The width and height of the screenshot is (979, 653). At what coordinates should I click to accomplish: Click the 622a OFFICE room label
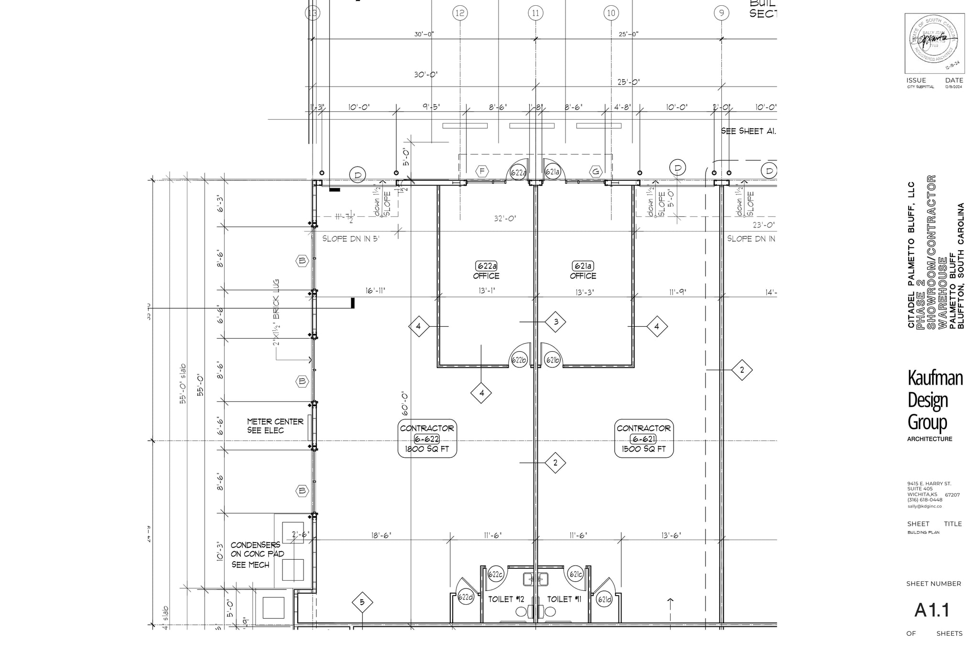[486, 270]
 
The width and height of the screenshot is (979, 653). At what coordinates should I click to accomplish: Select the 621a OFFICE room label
[583, 270]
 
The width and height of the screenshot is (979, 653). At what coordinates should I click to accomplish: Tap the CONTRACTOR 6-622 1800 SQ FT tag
[427, 439]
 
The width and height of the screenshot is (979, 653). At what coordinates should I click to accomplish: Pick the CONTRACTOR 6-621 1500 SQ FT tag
[643, 439]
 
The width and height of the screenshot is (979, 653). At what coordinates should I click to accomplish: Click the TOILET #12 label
[506, 599]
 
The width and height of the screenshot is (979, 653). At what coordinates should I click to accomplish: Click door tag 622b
[519, 360]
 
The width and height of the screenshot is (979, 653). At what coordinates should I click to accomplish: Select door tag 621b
[553, 360]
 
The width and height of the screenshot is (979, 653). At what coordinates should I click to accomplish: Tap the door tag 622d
[466, 597]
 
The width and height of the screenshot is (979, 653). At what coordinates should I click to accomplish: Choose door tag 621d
[604, 599]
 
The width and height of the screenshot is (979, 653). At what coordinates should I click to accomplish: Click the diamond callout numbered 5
[362, 602]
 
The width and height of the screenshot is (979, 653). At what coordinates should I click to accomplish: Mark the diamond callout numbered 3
[555, 322]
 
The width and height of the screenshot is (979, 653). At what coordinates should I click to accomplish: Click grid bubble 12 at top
[460, 13]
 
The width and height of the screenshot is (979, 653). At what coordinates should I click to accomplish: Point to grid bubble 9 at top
[721, 13]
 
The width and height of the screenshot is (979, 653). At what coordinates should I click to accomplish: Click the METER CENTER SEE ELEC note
[275, 426]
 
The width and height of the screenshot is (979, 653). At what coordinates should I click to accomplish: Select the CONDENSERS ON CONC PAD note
[257, 554]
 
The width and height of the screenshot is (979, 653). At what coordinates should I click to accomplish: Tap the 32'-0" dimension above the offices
[505, 219]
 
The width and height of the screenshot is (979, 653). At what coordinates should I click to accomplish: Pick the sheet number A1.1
[932, 610]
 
